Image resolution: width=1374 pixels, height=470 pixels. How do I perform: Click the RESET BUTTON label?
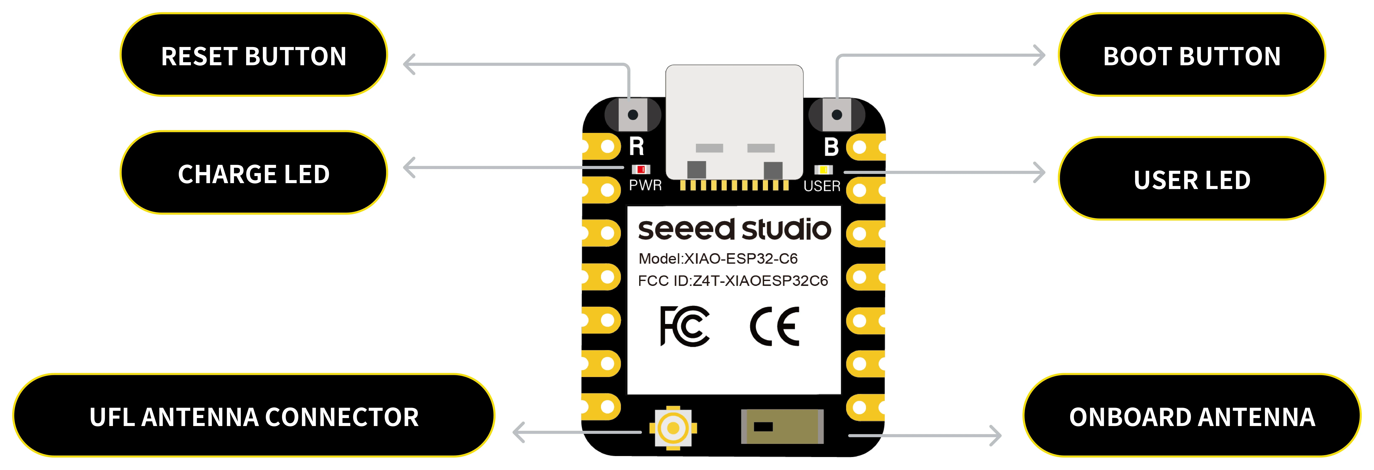coord(254,56)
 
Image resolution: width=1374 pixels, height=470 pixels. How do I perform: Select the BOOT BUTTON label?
coord(1192,56)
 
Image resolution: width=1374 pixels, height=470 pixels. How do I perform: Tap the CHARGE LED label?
coord(254,174)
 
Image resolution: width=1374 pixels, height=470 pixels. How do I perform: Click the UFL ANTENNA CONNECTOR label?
coord(254,417)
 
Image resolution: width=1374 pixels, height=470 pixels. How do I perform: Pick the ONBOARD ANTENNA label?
coord(1192,417)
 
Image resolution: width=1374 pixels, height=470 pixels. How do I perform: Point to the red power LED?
coord(641,169)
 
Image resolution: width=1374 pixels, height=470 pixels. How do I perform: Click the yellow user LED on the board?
coord(823,170)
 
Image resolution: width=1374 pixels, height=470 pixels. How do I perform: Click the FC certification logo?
coord(684,326)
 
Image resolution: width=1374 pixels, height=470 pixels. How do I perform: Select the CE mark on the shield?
coord(774,326)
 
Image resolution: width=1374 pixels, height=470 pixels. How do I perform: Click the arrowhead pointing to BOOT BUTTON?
coord(1039,55)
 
